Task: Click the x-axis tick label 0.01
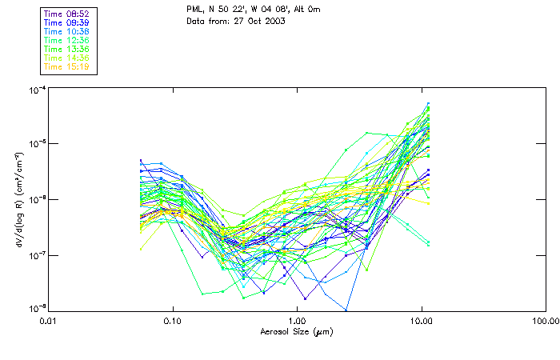[x=49, y=322]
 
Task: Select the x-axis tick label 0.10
[x=173, y=322]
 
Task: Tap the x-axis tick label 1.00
[x=297, y=322]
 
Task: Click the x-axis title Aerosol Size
[x=296, y=331]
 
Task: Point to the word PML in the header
[x=195, y=9]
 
